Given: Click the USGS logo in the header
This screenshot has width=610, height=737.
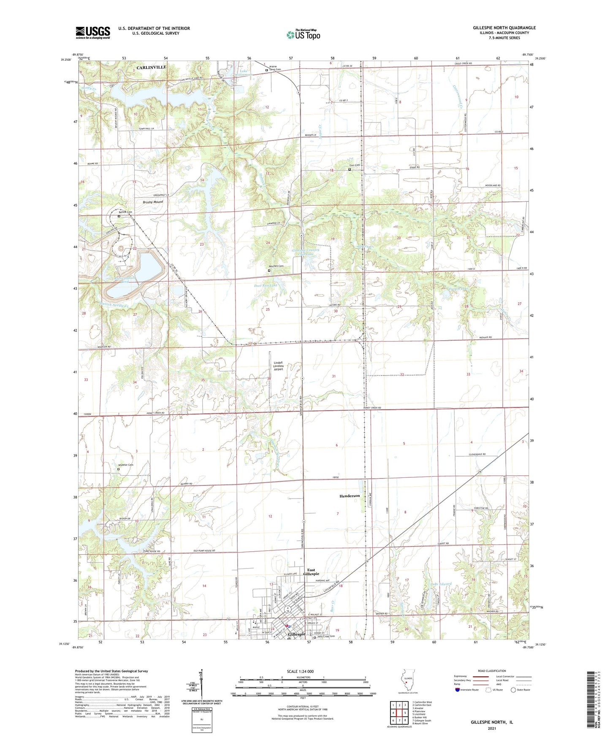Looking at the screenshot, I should point(93,33).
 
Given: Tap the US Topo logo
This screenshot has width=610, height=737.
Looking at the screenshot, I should point(303,35).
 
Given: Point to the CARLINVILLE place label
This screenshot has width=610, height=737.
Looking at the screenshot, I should point(151,67).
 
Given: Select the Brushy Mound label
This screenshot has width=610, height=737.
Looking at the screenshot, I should point(153,202).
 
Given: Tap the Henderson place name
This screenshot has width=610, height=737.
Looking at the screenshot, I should point(350,496).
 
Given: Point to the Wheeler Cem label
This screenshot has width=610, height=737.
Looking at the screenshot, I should point(125,465).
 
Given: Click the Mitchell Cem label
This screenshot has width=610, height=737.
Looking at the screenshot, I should point(277,266).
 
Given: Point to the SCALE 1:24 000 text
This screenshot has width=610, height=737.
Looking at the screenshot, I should point(300,672).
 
